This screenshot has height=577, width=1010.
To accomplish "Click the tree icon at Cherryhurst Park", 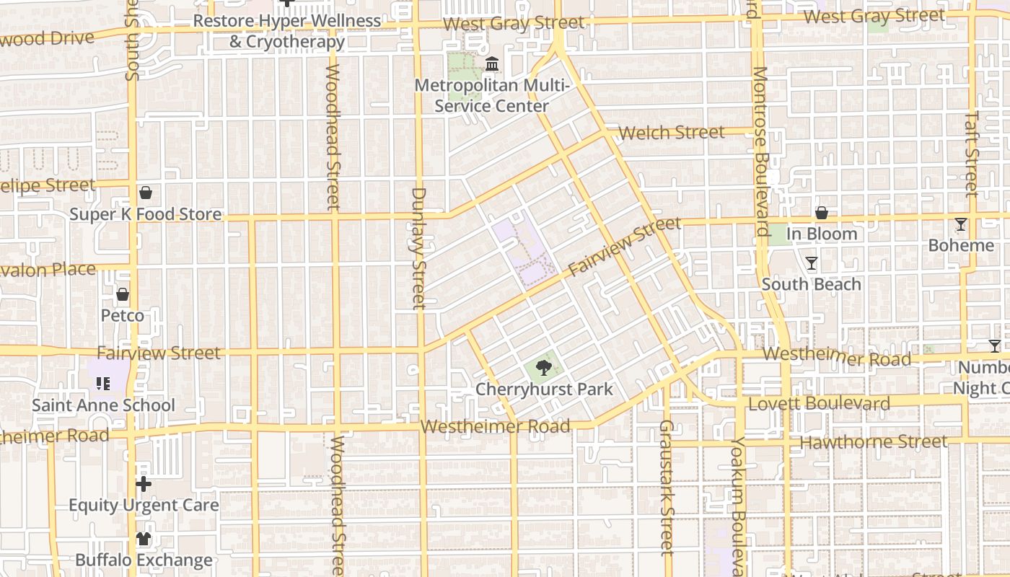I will [544, 369].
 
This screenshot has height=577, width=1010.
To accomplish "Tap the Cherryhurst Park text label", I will [544, 389].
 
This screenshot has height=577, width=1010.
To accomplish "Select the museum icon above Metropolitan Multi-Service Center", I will [492, 66].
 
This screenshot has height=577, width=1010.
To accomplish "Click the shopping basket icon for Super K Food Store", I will [146, 193].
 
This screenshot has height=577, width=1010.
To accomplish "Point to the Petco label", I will [122, 316].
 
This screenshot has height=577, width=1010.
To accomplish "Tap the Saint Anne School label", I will [103, 405].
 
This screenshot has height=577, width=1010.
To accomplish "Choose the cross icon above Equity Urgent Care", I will [144, 483].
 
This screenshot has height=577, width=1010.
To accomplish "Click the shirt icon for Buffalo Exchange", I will [144, 539].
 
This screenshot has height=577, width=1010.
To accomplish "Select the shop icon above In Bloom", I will [821, 213].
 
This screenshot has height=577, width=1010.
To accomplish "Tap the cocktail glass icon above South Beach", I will [812, 263].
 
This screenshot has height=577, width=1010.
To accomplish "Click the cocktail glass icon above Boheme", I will [960, 224].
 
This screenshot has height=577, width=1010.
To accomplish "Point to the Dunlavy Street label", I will [419, 249].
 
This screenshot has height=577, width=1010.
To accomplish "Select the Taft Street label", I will [972, 153].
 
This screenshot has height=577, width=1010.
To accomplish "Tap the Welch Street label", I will [671, 133].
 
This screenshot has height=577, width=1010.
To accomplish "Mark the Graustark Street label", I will [666, 488].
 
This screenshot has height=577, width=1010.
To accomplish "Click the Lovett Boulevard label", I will [819, 404].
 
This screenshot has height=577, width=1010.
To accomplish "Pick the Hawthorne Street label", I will [873, 441].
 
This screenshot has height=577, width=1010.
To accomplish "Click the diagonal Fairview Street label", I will [625, 246].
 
